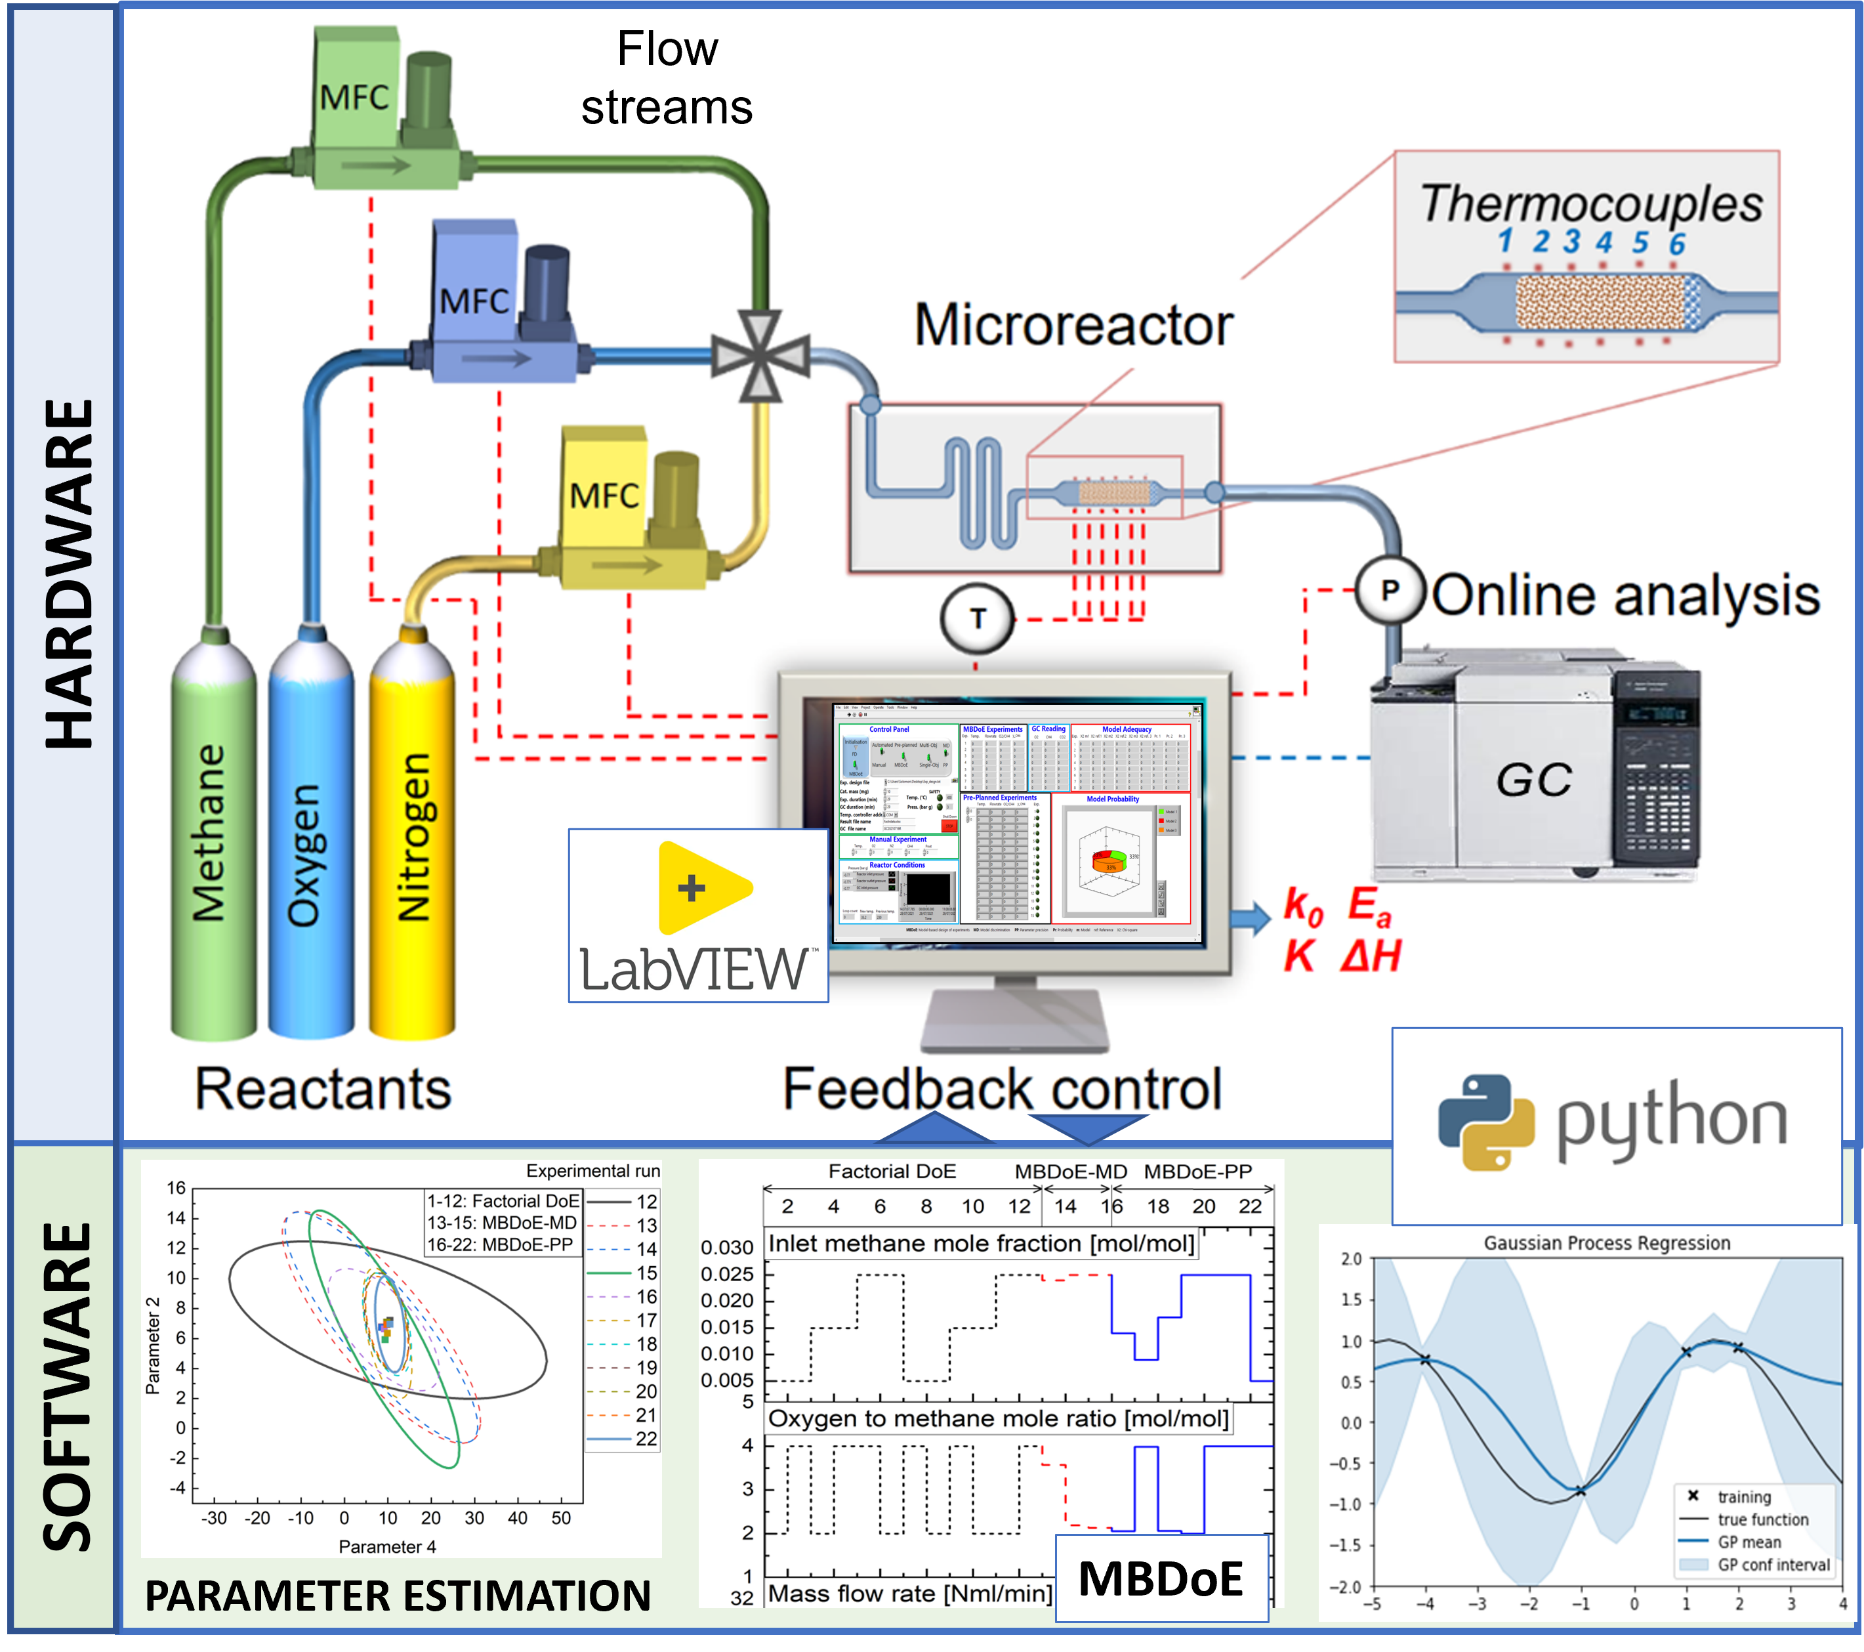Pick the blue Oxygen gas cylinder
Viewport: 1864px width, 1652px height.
(311, 839)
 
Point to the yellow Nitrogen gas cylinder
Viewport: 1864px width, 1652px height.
(411, 839)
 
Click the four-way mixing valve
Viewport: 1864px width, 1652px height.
(760, 356)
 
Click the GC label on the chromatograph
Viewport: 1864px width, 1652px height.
(1534, 780)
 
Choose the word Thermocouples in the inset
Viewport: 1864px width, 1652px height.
(1591, 203)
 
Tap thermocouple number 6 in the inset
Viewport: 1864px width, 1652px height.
(1677, 244)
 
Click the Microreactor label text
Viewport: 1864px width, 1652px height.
(1073, 325)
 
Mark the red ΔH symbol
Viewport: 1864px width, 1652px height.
(1371, 956)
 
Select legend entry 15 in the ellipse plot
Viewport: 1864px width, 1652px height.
(646, 1273)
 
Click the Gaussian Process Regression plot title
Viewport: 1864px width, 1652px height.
(1607, 1242)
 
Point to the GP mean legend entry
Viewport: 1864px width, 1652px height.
(1748, 1542)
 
